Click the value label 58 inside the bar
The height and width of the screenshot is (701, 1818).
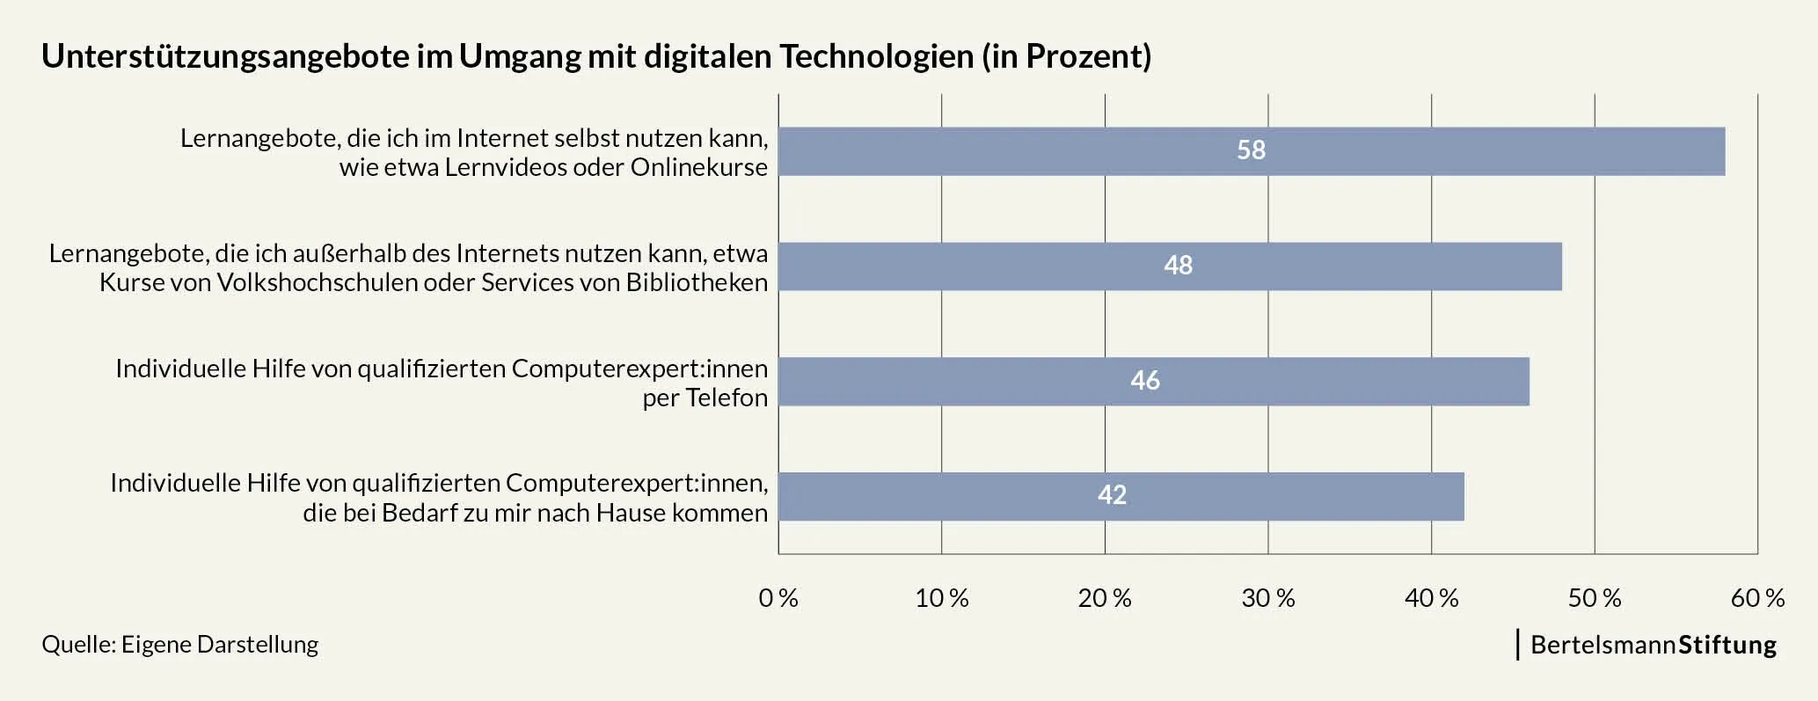1251,150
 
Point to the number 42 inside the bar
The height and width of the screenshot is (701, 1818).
1112,495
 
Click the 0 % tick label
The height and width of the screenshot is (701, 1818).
778,599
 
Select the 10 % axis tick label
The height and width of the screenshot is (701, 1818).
941,599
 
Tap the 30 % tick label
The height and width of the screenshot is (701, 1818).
1267,599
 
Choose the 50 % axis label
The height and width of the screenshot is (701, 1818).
1594,599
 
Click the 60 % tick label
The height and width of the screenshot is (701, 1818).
1757,599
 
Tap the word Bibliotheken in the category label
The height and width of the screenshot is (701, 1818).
697,282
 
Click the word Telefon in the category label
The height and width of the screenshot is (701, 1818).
726,398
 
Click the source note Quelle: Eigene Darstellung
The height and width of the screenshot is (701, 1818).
180,645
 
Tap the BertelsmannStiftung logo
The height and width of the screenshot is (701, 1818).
1653,645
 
